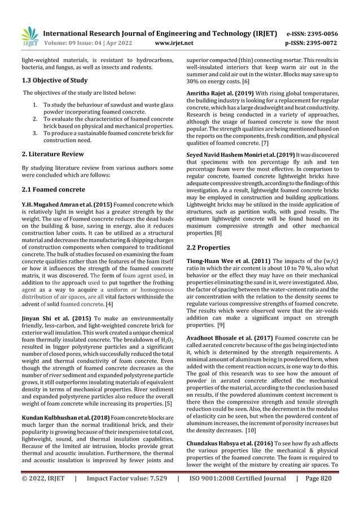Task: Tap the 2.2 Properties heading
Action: coord(208,247)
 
